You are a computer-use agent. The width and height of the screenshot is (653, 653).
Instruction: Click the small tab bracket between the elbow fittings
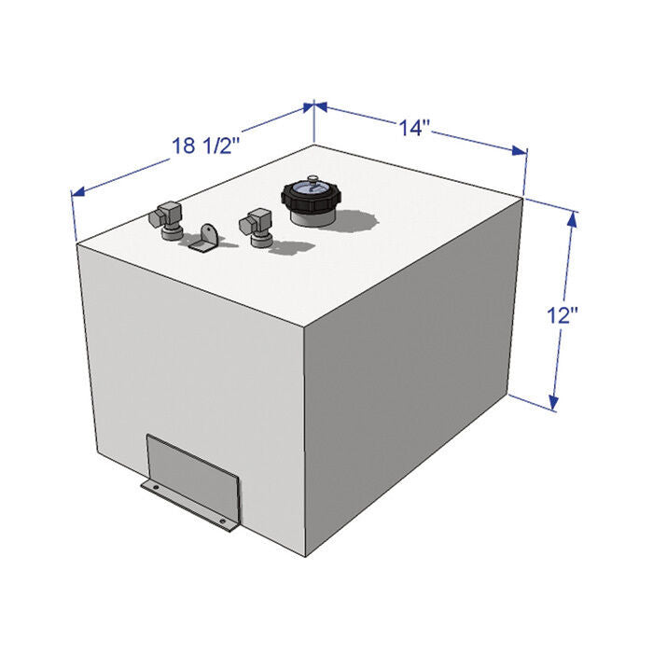pyautogui.click(x=206, y=238)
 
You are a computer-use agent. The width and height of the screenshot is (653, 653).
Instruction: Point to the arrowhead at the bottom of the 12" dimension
pyautogui.click(x=555, y=402)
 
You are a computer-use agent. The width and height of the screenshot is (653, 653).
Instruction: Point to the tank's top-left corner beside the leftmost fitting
pyautogui.click(x=78, y=243)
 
